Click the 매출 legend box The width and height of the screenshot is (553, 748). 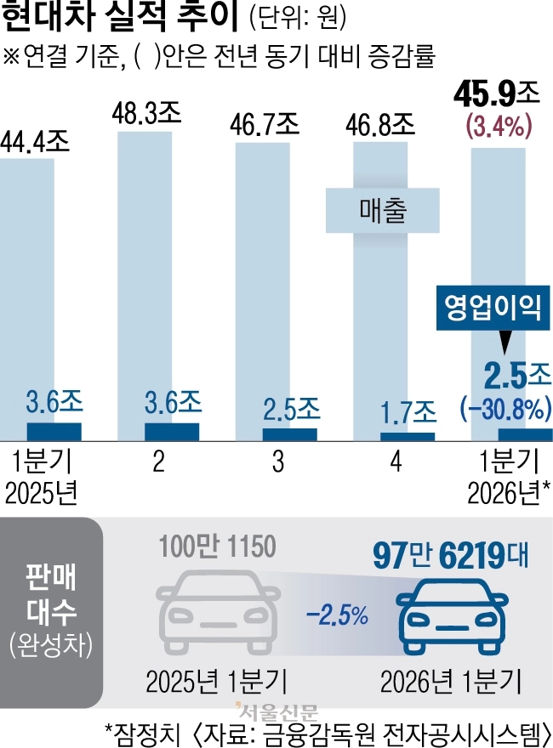(382, 210)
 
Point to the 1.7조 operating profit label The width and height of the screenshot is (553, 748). (406, 414)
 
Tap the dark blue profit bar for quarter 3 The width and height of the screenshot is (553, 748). (289, 433)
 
